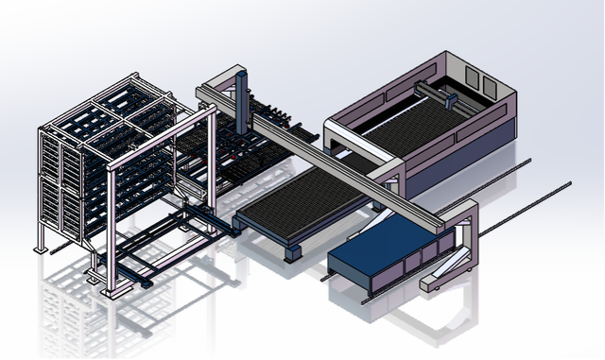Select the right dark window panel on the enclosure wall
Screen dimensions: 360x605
pos(489,86)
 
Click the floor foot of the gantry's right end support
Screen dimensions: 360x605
pos(439,280)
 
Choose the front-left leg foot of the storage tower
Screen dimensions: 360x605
pos(42,249)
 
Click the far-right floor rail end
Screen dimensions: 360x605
pos(569,184)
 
